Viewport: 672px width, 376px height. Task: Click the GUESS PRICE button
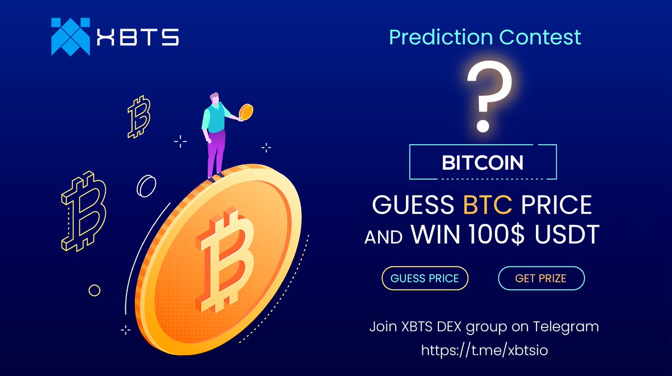424,278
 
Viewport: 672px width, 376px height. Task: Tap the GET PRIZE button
540,278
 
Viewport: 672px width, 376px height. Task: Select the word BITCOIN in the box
483,163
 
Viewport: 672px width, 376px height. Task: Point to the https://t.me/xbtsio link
484,350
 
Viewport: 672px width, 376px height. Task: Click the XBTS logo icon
70,36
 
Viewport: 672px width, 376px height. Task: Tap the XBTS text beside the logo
137,37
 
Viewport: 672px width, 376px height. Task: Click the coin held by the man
245,113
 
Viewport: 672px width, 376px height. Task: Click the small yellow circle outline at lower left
95,290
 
